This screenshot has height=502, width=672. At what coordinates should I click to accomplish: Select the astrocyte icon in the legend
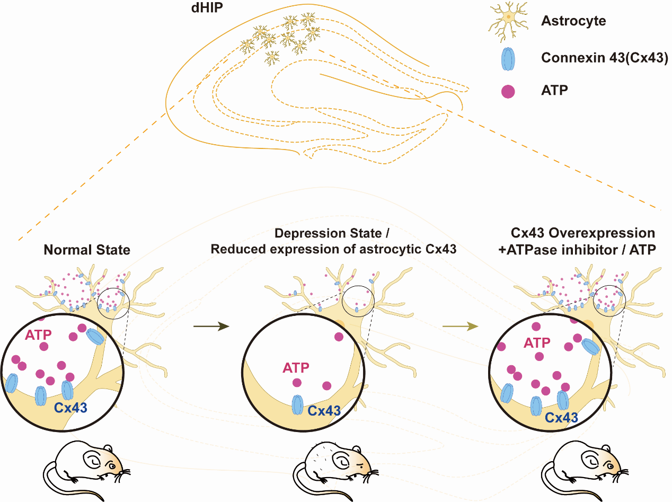click(508, 21)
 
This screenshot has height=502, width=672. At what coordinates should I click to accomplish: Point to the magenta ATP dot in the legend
click(508, 91)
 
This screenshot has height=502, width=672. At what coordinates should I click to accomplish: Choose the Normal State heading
click(87, 249)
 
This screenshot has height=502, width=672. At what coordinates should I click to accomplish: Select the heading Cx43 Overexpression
click(583, 233)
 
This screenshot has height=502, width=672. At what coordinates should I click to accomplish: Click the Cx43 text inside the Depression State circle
click(324, 411)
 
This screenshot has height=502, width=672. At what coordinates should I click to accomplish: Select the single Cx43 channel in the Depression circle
click(298, 404)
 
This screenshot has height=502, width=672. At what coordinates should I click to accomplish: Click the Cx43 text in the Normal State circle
click(70, 408)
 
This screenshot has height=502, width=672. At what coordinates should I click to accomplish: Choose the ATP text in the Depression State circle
click(296, 367)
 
